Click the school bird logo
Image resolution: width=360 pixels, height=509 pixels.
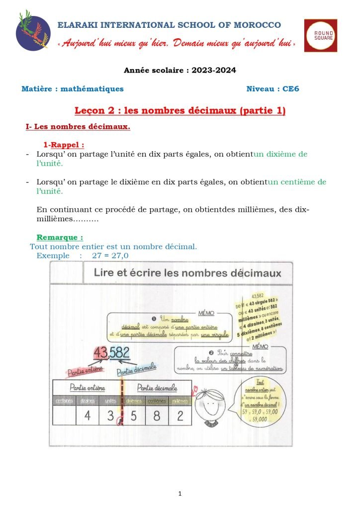[33, 31]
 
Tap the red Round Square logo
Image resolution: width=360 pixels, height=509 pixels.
[320, 35]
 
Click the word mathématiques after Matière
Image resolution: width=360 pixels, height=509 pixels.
[92, 89]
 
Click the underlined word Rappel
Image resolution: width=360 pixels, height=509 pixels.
[67, 145]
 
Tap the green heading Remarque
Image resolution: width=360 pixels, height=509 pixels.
[60, 237]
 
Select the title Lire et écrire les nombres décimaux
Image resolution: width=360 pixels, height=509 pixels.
[187, 273]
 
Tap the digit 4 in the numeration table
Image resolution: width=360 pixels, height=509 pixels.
[88, 416]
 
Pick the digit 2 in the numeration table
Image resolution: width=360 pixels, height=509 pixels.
[180, 416]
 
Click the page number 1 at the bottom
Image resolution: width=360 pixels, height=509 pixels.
[180, 494]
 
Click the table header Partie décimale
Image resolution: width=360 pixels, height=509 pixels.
[156, 387]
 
